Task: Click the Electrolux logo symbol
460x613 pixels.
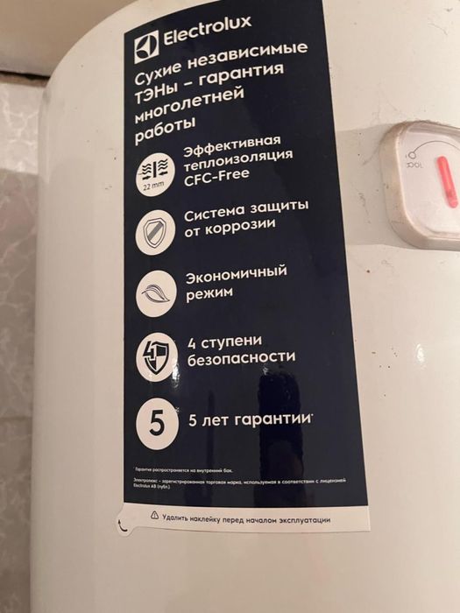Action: (145, 46)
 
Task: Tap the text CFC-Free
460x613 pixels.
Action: (216, 174)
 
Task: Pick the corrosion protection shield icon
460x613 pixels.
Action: (155, 233)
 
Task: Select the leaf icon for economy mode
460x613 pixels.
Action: (156, 292)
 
